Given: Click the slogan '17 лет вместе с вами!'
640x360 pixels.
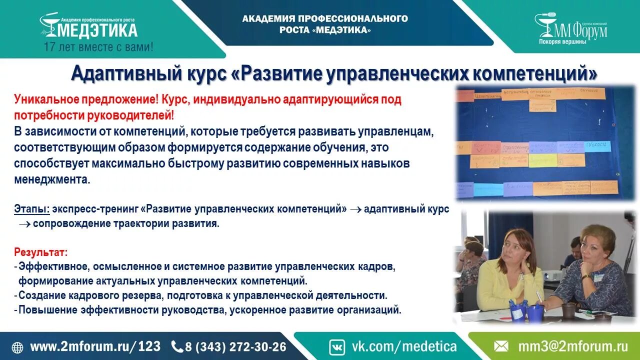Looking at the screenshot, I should [x=98, y=47].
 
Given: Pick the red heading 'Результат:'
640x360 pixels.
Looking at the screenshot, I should [x=40, y=252].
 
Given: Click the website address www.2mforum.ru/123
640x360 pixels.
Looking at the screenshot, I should [x=95, y=346].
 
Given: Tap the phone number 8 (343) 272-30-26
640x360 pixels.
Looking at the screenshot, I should [x=235, y=346].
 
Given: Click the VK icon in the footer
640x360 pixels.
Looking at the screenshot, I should [x=337, y=346].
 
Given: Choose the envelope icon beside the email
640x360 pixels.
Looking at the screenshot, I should [x=501, y=346].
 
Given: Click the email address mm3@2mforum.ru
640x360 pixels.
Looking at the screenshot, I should [x=572, y=346].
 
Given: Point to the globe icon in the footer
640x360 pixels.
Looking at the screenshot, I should [x=17, y=347].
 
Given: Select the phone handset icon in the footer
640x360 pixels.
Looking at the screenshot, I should [x=177, y=346].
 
